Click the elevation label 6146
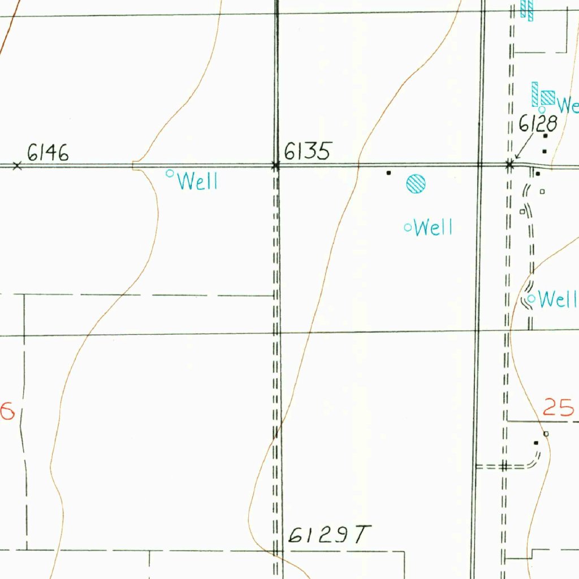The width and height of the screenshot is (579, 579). [48, 153]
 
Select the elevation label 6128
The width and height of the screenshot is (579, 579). [538, 123]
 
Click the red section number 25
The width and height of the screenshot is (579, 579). [559, 407]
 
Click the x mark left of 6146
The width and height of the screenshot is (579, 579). [18, 166]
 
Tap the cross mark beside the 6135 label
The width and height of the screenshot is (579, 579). [276, 166]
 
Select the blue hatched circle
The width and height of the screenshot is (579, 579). [416, 184]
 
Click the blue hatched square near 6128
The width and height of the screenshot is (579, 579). [548, 98]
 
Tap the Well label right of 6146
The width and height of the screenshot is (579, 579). [198, 182]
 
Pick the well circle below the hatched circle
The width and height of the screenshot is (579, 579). [408, 228]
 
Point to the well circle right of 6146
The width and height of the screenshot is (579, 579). [169, 174]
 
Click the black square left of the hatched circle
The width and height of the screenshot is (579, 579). [388, 172]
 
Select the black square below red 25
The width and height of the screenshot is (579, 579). [536, 443]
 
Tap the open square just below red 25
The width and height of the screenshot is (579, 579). [546, 434]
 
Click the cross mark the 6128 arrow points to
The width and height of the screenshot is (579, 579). [510, 165]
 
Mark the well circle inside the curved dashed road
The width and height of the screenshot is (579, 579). [531, 298]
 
